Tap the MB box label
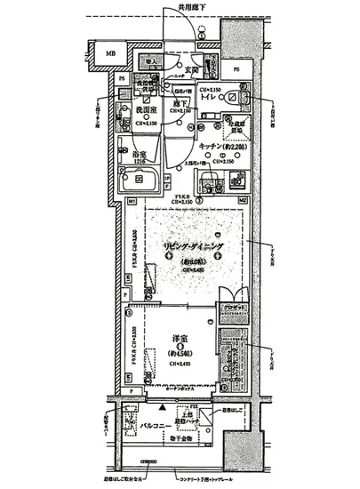pyautogui.click(x=110, y=55)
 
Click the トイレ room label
pyautogui.click(x=211, y=96)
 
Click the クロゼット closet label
pyautogui.click(x=234, y=308)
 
